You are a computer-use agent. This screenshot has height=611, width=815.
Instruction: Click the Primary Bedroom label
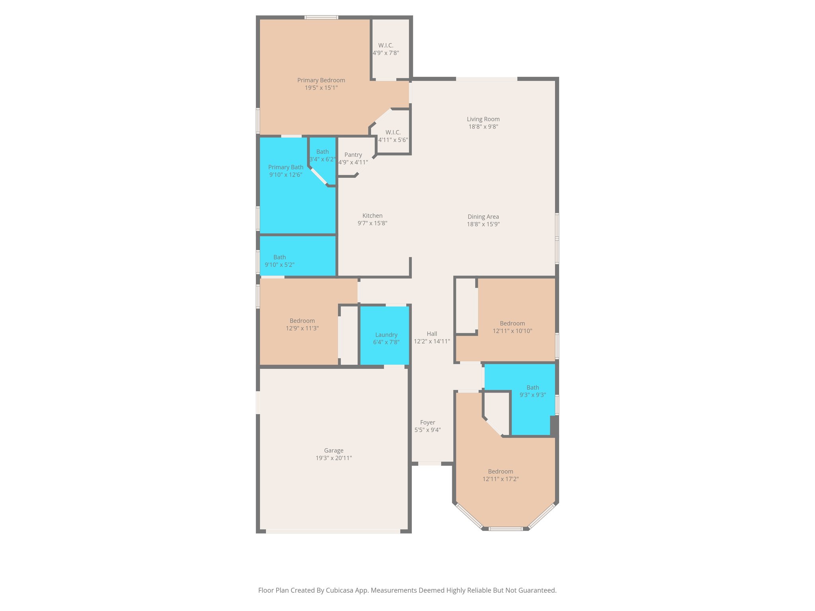[321, 80]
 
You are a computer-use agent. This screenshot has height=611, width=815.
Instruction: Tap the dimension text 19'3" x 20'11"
[333, 458]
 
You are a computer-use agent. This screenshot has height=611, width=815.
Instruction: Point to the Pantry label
[353, 155]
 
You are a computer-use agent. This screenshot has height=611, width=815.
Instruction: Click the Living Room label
[483, 119]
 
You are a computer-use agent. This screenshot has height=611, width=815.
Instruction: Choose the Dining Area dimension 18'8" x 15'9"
[483, 224]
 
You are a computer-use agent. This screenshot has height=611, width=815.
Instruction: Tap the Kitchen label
[372, 216]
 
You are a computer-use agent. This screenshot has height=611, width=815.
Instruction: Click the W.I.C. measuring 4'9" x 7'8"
[386, 49]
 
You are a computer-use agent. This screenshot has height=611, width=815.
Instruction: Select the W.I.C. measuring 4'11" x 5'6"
[393, 136]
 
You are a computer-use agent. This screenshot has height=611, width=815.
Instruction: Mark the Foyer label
[427, 422]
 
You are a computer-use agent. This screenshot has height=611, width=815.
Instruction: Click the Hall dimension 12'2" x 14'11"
[432, 341]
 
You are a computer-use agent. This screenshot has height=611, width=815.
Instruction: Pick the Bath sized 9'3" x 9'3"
[532, 391]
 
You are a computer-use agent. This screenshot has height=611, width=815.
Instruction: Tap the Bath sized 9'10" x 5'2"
[279, 261]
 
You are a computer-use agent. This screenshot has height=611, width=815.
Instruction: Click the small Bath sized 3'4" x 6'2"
[322, 156]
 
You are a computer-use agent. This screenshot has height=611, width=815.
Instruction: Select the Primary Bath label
[285, 167]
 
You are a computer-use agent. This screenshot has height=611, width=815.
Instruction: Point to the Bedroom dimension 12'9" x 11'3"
[302, 329]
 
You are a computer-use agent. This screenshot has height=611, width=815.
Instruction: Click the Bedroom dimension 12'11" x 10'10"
[512, 331]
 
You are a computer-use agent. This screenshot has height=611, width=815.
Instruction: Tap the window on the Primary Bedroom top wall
[321, 18]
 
